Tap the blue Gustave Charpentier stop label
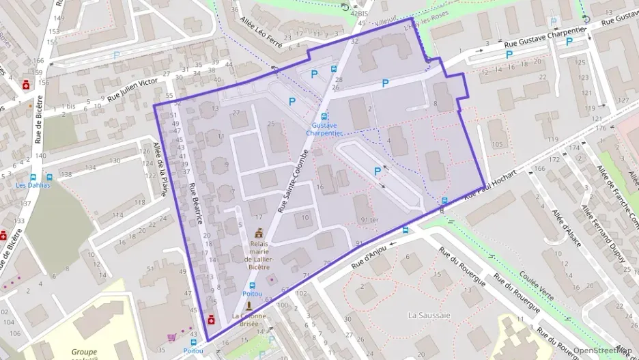click(326, 129)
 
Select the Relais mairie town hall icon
click(259, 234)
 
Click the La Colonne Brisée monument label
click(248, 320)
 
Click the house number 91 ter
click(369, 219)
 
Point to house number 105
click(496, 144)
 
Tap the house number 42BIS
click(358, 13)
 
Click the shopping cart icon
click(171, 336)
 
